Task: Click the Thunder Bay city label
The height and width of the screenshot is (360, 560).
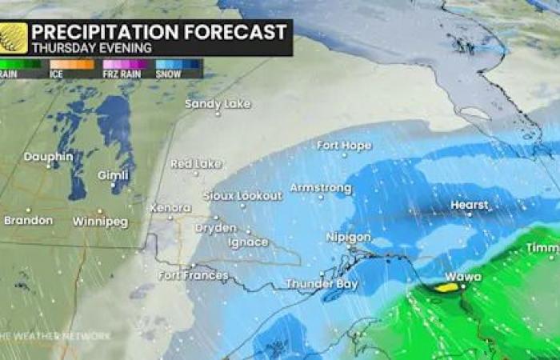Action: click(x=322, y=284)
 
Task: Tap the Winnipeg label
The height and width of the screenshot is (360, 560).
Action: click(x=100, y=222)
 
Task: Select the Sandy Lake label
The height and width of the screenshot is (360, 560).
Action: click(x=218, y=104)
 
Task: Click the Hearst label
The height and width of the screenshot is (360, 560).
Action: click(x=470, y=206)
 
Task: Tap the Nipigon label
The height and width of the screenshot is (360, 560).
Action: click(x=348, y=238)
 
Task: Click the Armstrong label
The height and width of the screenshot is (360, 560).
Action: click(x=320, y=188)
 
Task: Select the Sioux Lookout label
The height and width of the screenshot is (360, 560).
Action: click(x=242, y=196)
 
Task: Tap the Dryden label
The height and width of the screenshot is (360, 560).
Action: click(x=216, y=228)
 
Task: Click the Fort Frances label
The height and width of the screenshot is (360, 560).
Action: click(x=193, y=276)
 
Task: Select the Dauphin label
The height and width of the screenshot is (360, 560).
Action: click(x=49, y=157)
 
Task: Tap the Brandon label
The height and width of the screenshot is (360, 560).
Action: click(x=29, y=221)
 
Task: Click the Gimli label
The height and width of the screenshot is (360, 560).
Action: click(x=113, y=174)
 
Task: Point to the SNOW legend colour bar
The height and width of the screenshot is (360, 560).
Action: click(x=178, y=65)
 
